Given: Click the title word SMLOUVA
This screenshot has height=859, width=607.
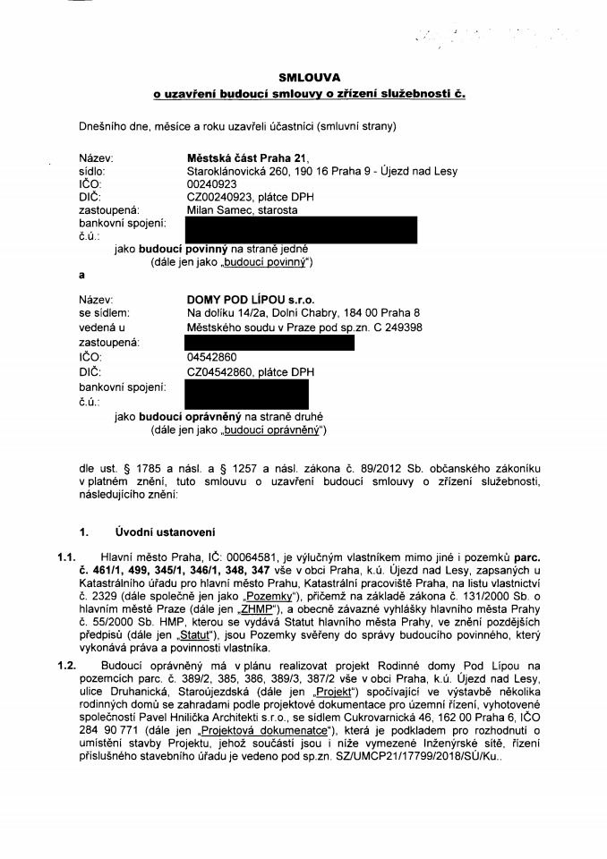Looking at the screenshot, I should [303, 78].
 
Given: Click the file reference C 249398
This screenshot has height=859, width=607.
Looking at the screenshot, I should [393, 327].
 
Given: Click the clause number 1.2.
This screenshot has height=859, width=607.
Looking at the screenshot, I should [67, 667].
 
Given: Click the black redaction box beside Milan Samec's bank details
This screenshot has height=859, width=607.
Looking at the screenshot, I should [300, 230].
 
